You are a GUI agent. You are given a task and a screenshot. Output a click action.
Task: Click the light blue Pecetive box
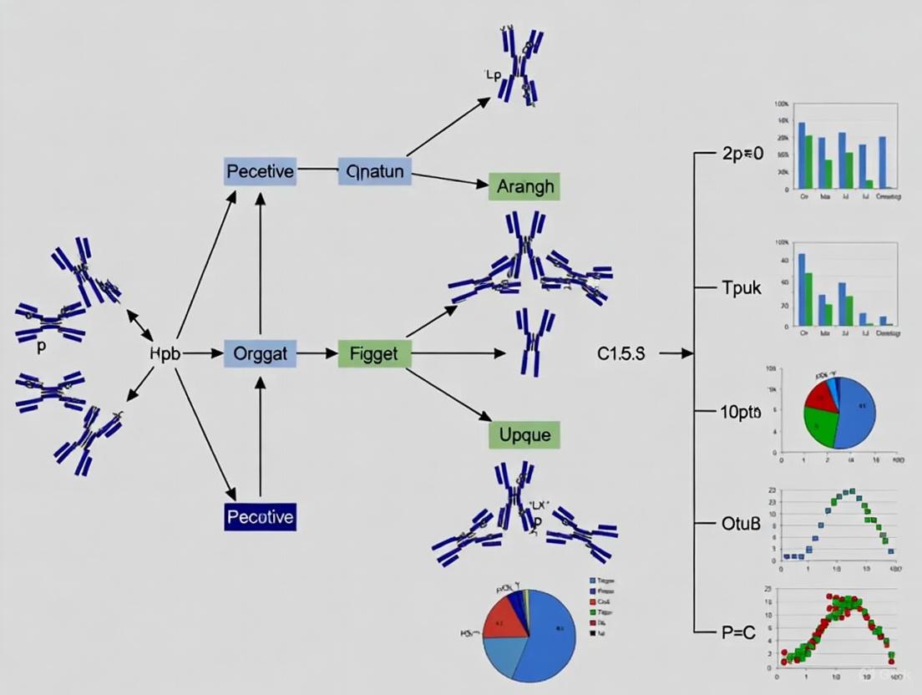[x=260, y=172]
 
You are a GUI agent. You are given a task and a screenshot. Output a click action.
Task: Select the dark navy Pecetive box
[x=260, y=517]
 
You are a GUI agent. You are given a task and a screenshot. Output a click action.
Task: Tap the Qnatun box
[x=374, y=172]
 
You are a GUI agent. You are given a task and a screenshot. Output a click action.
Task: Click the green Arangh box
[x=524, y=186]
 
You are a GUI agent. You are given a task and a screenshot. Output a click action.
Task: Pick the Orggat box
[x=261, y=353]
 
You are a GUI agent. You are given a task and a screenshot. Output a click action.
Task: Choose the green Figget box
[x=374, y=353]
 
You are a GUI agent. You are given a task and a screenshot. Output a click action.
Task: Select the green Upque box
[x=524, y=434]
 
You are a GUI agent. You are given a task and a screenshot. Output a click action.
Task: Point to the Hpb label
[x=164, y=353]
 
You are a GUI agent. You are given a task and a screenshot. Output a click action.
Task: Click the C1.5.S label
[x=621, y=353]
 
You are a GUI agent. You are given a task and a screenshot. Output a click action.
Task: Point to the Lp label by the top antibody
[x=492, y=75]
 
